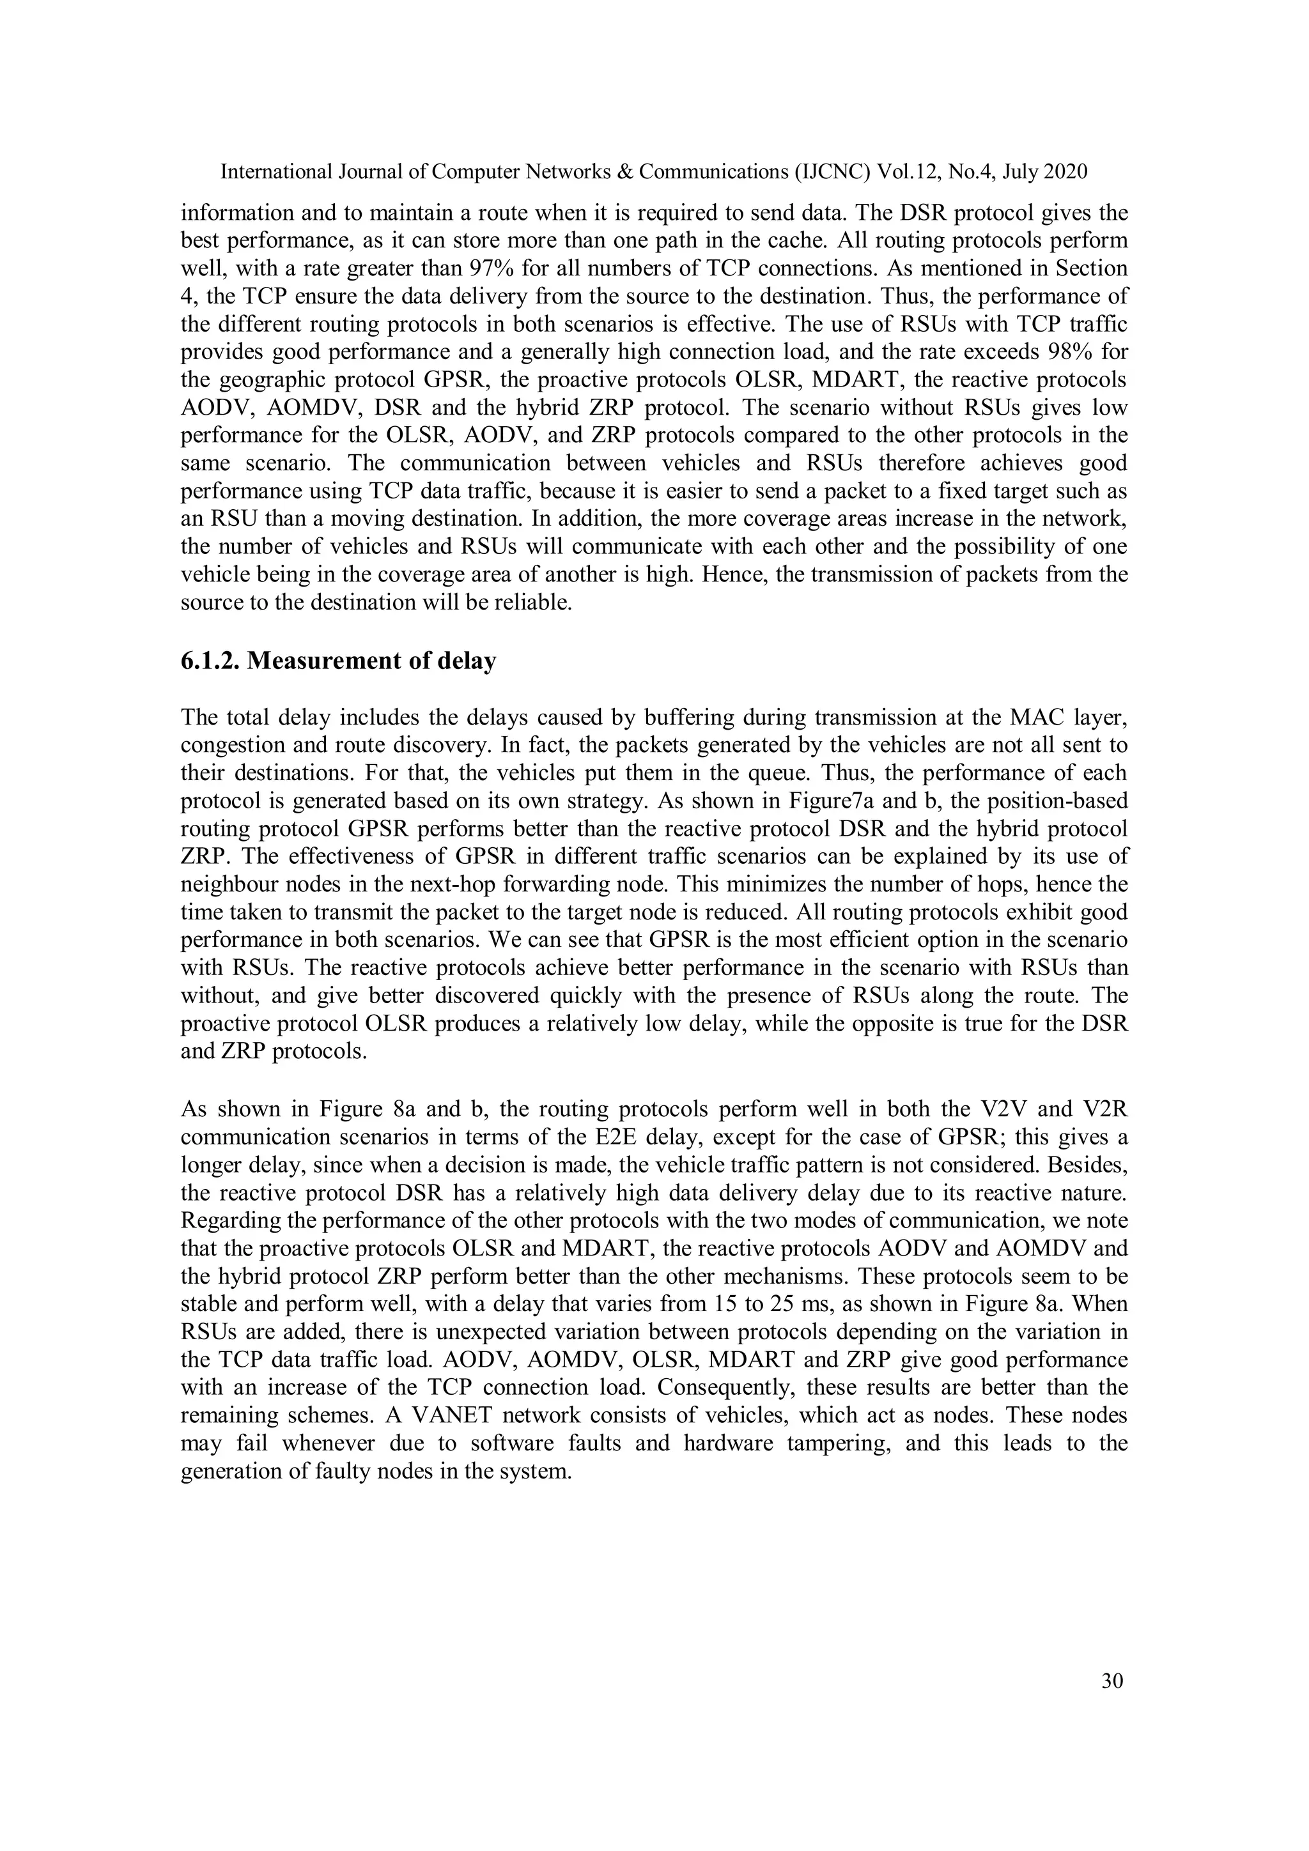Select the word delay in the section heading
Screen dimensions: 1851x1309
(x=465, y=661)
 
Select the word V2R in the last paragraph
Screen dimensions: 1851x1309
(x=1106, y=1109)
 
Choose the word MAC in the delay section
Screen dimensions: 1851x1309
(x=1035, y=718)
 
